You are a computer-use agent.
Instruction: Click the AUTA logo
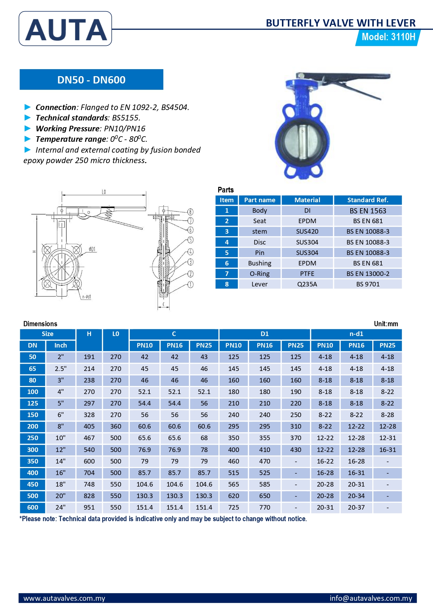tap(65, 29)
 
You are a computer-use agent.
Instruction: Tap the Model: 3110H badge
tap(388, 37)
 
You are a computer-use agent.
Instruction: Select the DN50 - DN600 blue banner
tap(91, 80)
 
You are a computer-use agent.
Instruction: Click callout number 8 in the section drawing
tap(190, 212)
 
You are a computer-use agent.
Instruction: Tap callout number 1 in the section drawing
tap(191, 285)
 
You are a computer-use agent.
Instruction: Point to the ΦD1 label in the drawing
tap(92, 249)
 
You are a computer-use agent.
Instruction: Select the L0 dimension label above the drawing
tap(104, 192)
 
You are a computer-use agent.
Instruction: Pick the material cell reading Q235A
tap(307, 284)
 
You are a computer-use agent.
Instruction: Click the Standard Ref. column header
tap(367, 200)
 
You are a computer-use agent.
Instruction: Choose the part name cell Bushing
tap(260, 263)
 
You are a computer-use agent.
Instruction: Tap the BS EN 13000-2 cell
tap(368, 274)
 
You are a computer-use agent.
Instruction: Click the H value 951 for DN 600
tap(89, 508)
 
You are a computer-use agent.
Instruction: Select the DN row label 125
tap(32, 403)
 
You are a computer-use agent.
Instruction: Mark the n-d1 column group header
tap(356, 334)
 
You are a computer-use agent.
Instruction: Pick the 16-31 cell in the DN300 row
tap(387, 450)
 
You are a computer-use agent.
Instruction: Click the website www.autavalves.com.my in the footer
tap(64, 598)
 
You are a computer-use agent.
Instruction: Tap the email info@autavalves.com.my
tap(371, 598)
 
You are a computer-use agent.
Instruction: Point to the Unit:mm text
tap(386, 324)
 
